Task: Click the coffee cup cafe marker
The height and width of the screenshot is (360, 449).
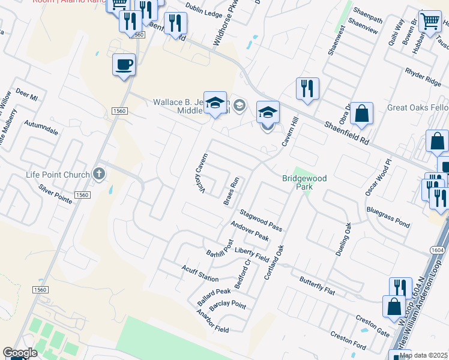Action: coord(124,64)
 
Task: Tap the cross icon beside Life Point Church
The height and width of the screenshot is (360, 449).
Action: coord(100,175)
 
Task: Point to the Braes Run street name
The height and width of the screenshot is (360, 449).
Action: coord(232,191)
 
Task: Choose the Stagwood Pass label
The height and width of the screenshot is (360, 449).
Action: coord(261,220)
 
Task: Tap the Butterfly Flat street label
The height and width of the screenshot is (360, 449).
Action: coord(316,286)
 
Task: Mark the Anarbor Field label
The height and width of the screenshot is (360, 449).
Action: coord(213,321)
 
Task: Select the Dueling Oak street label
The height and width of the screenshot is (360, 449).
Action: coord(342,239)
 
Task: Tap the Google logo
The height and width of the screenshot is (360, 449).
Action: coord(20,353)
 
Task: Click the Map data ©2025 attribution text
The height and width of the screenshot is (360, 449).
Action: coord(423,355)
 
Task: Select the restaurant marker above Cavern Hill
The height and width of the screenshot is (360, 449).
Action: coord(307,89)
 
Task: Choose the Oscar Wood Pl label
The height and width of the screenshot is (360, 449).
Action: coord(378,178)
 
